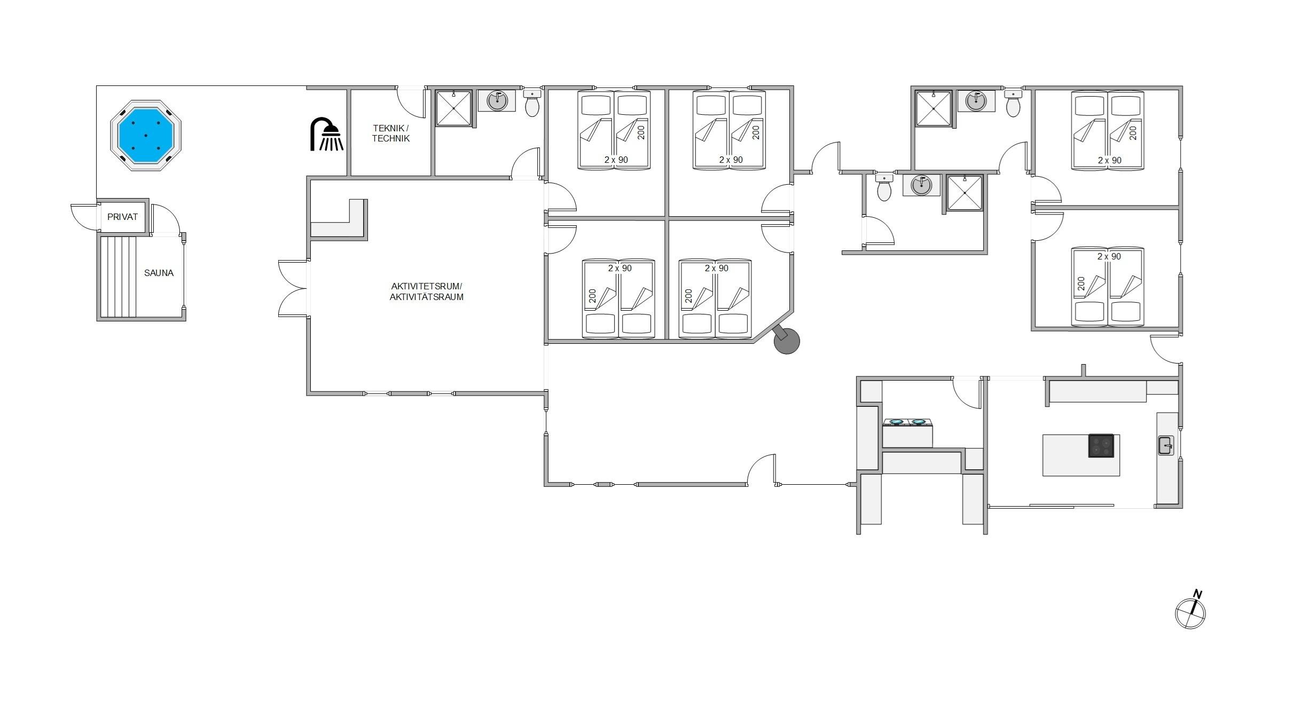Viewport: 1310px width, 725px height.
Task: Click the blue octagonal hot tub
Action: point(146,135)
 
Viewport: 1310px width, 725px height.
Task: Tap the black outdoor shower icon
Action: point(327,135)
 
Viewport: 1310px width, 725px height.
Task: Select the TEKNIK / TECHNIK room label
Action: point(391,133)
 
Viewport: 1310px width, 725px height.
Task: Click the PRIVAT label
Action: point(122,217)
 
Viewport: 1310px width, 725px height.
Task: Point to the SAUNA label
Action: point(159,273)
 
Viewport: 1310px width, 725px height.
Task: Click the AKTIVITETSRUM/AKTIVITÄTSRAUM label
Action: point(426,291)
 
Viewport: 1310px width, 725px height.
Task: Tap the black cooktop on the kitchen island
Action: point(1101,446)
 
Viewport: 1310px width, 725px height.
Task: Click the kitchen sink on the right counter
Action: point(1165,445)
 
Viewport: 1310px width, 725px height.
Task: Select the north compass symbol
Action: point(1190,610)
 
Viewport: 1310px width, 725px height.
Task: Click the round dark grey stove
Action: point(786,340)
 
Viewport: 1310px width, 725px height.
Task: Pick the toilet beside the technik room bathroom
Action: point(532,103)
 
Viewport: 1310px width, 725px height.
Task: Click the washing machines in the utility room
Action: point(907,432)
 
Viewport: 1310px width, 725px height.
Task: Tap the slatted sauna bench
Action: point(118,277)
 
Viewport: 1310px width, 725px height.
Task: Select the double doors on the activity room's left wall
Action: point(293,289)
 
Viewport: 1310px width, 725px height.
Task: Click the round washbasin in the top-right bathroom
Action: point(976,101)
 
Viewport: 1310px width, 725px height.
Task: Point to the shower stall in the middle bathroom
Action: point(964,193)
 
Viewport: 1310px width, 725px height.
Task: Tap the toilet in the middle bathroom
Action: point(884,187)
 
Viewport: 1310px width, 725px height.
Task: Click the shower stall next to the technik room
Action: point(454,108)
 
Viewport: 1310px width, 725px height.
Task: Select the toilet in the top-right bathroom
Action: point(1013,103)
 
